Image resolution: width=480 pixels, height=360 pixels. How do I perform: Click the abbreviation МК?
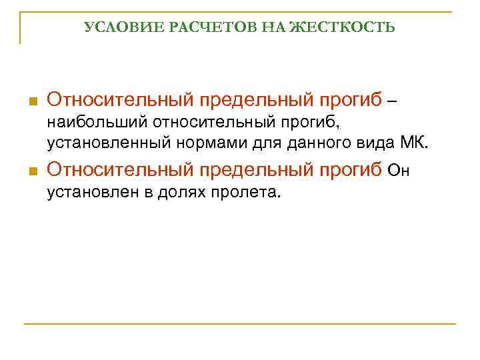(416, 142)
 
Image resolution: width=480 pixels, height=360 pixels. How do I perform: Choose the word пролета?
(246, 193)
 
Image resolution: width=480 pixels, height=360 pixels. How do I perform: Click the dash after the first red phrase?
(391, 101)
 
